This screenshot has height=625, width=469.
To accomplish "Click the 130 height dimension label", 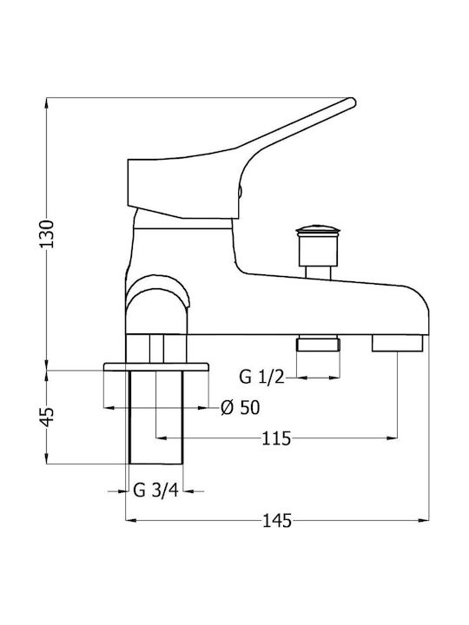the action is point(47,234).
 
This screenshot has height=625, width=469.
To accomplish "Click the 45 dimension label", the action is point(47,417).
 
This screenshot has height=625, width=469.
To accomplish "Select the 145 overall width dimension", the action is point(277,521).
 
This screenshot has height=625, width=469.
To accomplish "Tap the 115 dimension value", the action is point(276,439).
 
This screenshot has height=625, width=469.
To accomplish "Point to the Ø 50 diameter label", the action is point(240,407).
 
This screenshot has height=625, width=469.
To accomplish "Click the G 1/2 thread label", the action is point(262,377).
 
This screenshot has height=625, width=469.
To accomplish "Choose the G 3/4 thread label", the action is point(156,490).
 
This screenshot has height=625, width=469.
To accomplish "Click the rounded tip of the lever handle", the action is point(351,102).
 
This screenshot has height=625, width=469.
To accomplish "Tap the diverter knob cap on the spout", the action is point(318,230).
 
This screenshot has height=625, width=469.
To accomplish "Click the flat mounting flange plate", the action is point(156,366).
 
